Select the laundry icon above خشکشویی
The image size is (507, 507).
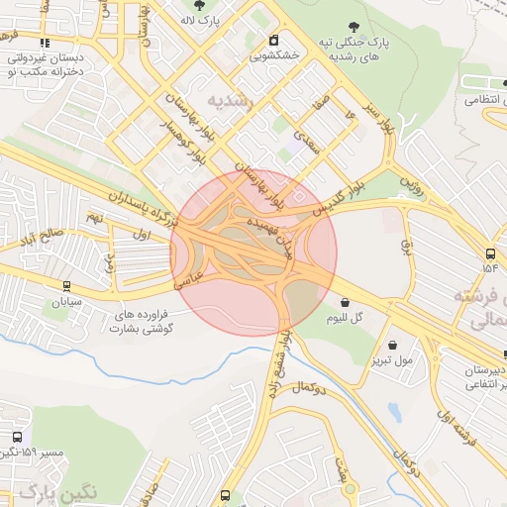tap(273, 41)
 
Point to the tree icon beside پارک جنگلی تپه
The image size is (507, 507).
tap(355, 27)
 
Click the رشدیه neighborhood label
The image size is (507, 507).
tap(232, 101)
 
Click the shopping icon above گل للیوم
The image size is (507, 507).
tap(344, 302)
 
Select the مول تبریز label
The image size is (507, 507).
tap(393, 360)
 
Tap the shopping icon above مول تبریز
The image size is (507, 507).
tap(394, 345)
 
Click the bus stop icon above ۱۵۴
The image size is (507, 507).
tap(492, 252)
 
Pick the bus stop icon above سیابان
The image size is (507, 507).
tap(66, 285)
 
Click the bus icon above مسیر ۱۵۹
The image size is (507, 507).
tap(15, 437)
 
